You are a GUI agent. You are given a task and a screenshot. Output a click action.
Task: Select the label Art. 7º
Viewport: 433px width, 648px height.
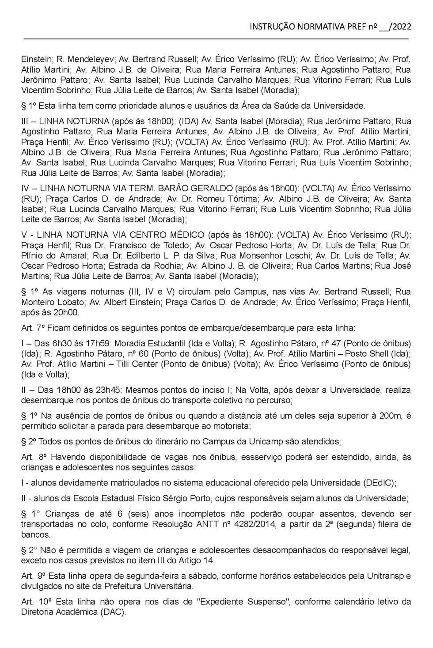tap(33, 328)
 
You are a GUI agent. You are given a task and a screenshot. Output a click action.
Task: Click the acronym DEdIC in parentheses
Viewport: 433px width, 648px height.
tap(378, 483)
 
